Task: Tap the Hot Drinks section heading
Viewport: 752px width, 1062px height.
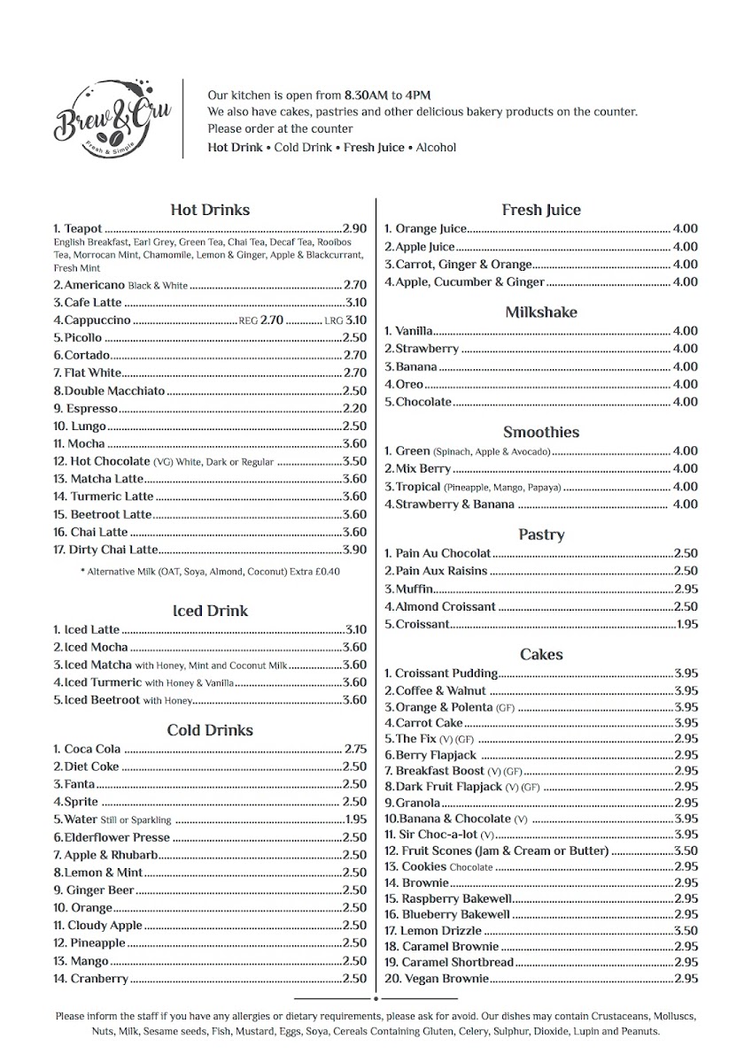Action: pos(210,210)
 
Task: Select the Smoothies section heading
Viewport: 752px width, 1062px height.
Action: pos(541,432)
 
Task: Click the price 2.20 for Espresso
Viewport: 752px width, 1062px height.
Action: pos(354,408)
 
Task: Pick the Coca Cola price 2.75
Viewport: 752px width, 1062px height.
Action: pos(355,749)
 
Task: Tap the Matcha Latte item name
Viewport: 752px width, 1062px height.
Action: pos(105,479)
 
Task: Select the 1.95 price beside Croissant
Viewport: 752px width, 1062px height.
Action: pos(686,624)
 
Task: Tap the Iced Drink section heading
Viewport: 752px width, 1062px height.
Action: pos(210,611)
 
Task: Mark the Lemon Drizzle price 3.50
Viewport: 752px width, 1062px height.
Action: pos(686,930)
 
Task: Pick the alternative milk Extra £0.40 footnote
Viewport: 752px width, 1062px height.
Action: pos(210,572)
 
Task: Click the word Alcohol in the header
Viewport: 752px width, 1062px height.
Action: pos(436,148)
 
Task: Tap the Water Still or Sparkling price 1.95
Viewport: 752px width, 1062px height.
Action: pos(354,820)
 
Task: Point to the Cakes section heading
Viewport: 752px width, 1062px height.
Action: pos(541,654)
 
